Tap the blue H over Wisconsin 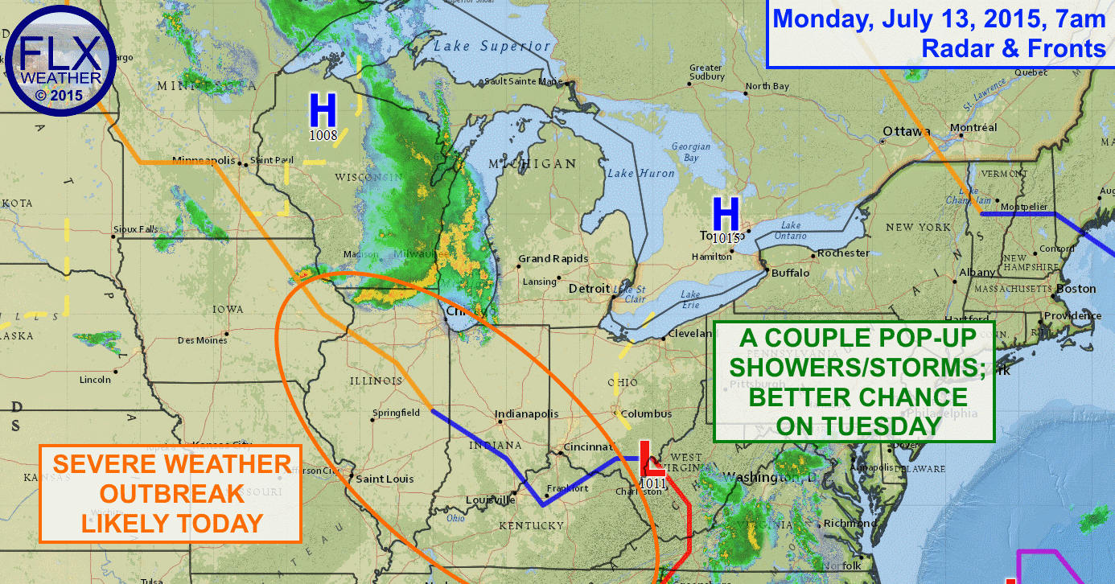click(323, 110)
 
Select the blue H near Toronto click(726, 215)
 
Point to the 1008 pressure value click(323, 135)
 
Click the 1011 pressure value click(653, 482)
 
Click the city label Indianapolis click(526, 413)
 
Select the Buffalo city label click(790, 273)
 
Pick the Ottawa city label click(907, 132)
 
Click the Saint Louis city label click(385, 479)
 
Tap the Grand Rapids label click(553, 259)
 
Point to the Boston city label click(1076, 288)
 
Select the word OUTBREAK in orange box click(172, 493)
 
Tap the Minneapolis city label click(203, 160)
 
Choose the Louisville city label click(491, 500)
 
